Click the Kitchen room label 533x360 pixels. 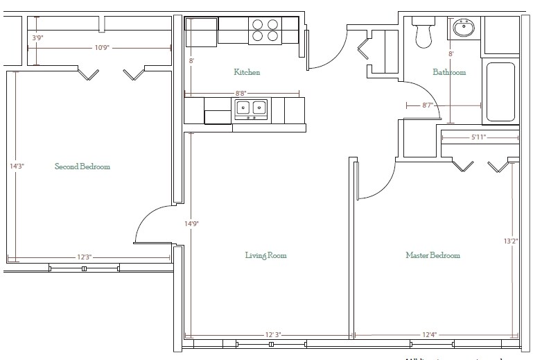247,72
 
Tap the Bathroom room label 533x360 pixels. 449,72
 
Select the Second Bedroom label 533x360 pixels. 82,166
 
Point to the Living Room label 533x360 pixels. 265,255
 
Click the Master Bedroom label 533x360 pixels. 432,255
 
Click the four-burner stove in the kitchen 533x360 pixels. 265,31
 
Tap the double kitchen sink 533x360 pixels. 251,108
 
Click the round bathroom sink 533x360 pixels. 463,29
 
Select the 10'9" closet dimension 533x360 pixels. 101,48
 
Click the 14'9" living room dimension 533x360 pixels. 192,224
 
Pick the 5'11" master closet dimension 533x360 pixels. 479,137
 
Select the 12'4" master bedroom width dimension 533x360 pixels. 429,335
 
